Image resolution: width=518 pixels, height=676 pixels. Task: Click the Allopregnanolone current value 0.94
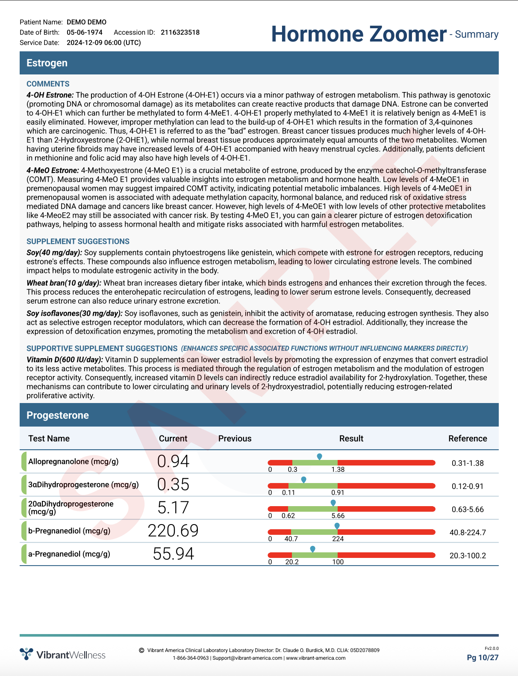tap(173, 461)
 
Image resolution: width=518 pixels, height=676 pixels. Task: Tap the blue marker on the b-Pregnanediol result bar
tap(337, 526)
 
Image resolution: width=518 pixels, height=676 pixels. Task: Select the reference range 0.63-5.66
tap(468, 510)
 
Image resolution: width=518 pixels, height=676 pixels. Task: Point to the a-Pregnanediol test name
tap(69, 554)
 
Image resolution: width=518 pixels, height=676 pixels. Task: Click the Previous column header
tap(235, 439)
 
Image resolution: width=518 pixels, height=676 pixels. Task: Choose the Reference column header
tap(468, 439)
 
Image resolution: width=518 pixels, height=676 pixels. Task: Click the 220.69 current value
tap(173, 531)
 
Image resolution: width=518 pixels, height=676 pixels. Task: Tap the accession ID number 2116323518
tap(180, 33)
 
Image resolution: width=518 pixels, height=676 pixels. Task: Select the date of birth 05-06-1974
tap(85, 33)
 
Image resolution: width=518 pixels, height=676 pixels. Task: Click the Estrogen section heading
tap(47, 63)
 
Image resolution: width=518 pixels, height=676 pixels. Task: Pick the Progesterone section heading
tap(58, 415)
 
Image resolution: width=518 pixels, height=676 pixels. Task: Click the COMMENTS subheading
tap(48, 84)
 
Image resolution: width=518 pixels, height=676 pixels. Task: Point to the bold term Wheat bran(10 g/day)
tap(64, 283)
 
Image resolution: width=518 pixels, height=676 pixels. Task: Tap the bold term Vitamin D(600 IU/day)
tap(65, 359)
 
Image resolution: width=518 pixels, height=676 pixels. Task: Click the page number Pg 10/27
tap(483, 658)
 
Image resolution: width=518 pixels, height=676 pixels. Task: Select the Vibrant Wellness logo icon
tap(26, 654)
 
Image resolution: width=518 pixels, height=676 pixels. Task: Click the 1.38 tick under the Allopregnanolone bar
tap(338, 469)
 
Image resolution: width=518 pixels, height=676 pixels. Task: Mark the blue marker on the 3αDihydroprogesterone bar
tap(303, 480)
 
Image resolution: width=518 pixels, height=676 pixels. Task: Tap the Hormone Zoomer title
tap(359, 34)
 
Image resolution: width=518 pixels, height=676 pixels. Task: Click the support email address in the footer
tap(247, 658)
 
